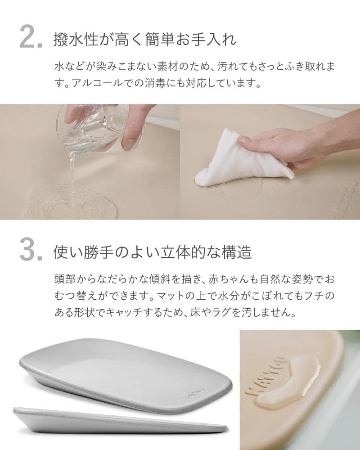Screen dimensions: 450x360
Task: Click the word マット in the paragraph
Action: pyautogui.click(x=168, y=296)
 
